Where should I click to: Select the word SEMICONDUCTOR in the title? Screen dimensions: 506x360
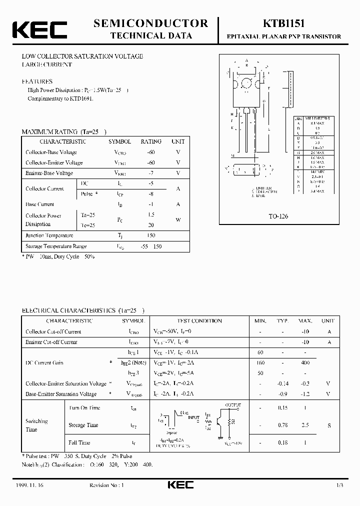pos(150,23)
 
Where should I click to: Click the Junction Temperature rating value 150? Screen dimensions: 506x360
pos(151,235)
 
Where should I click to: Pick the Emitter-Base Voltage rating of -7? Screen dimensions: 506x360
pos(151,173)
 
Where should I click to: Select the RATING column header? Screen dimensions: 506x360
pos(151,141)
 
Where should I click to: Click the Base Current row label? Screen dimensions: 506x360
pos(39,204)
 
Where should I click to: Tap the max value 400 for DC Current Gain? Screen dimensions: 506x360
pos(305,362)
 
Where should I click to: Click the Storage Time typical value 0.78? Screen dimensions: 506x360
pos(283,425)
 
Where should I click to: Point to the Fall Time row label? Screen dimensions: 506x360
pos(79,442)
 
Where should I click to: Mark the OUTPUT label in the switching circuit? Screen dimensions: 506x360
pos(233,405)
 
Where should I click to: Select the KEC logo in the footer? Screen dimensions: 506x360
pos(179,485)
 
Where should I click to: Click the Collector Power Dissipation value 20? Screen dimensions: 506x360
pos(151,225)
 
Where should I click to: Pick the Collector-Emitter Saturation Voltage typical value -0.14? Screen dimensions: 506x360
pos(283,383)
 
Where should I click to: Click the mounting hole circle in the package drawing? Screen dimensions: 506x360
pos(246,83)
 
